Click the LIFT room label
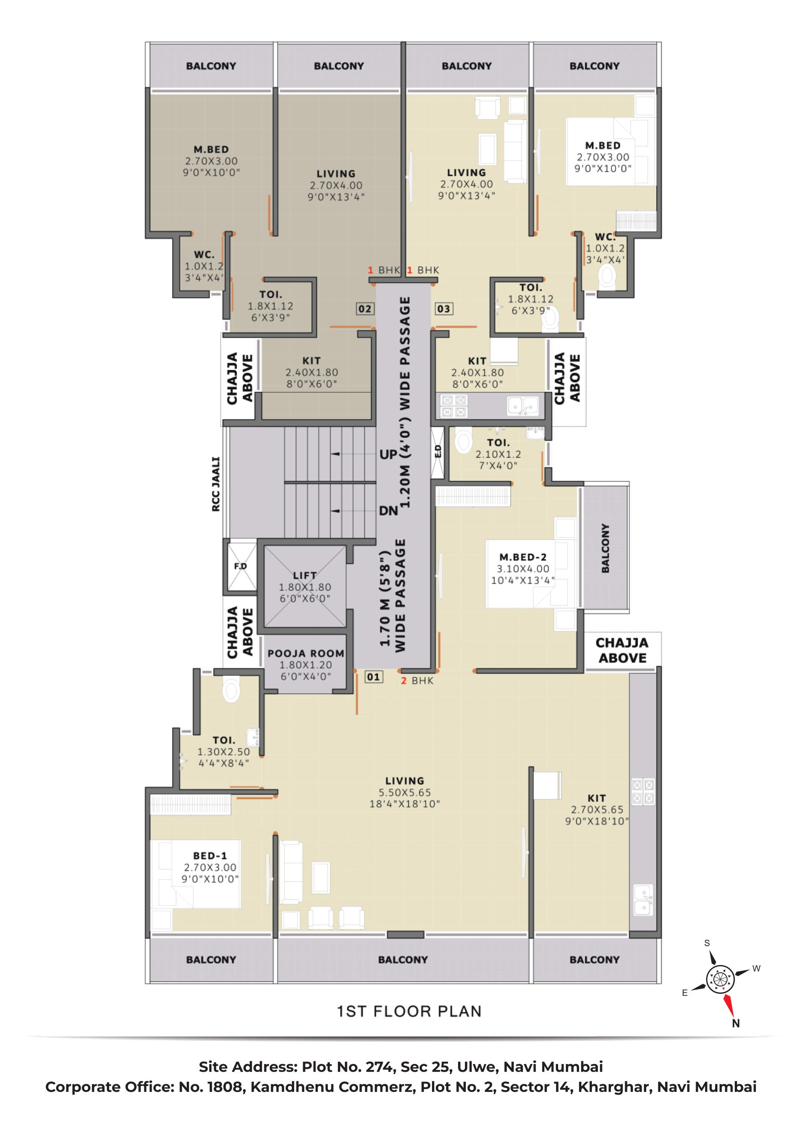click(305, 575)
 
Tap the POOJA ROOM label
click(306, 653)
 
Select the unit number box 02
click(365, 309)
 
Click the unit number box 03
click(444, 309)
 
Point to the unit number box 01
click(374, 676)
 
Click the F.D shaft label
click(240, 566)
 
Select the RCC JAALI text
click(216, 484)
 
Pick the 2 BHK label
click(417, 680)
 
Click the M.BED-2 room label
click(522, 557)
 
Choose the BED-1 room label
click(210, 856)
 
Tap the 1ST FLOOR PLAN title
click(409, 1012)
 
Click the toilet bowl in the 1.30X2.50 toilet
click(231, 690)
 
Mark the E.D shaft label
click(438, 451)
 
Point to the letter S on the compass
click(707, 943)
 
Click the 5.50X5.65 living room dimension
click(405, 792)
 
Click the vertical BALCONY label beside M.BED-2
click(605, 548)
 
